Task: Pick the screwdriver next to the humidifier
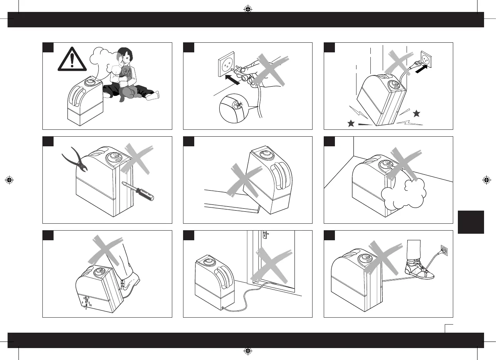(x=140, y=191)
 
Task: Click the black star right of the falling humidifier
(x=416, y=113)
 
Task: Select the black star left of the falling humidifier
(x=351, y=123)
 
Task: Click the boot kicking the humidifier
(x=129, y=283)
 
